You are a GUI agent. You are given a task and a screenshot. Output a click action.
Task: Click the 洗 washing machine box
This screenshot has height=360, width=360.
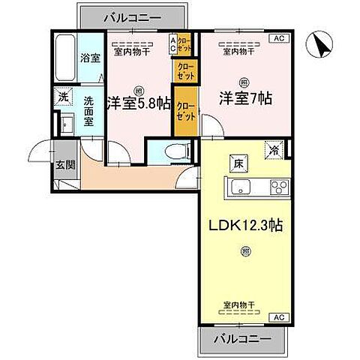click(64, 97)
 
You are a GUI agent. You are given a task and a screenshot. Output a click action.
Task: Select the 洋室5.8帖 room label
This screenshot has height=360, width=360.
click(136, 103)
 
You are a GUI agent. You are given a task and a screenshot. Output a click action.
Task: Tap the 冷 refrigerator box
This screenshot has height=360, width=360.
click(274, 150)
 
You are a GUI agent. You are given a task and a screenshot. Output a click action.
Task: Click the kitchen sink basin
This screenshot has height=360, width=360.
click(241, 187)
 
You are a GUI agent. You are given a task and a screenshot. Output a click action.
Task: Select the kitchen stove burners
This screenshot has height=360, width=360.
click(280, 187)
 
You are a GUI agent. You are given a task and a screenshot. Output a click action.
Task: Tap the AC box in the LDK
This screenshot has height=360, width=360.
click(277, 317)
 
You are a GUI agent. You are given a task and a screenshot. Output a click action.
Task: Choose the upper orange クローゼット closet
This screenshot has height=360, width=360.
click(184, 70)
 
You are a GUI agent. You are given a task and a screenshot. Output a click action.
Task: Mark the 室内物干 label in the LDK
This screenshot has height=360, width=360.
click(238, 304)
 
